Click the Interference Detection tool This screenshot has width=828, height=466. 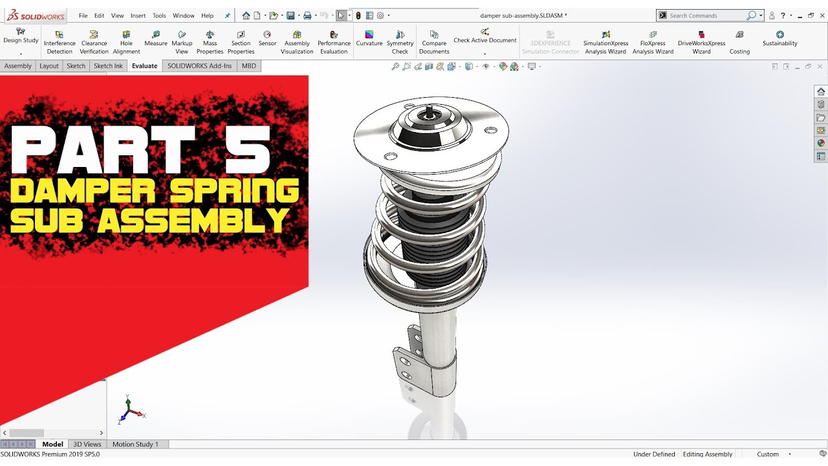coord(60,43)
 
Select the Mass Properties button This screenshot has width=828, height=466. coord(210,43)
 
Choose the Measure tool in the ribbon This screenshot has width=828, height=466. coord(156,39)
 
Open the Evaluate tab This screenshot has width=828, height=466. coord(144,66)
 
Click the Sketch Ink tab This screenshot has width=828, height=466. coord(108,66)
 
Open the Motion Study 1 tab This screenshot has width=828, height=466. coord(135,444)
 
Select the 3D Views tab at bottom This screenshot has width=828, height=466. coord(87,444)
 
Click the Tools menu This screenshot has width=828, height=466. coord(159,16)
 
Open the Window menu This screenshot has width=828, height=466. coord(184,16)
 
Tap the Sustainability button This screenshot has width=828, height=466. coord(779,39)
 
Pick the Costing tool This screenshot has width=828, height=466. coord(739,43)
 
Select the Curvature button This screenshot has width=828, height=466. coord(369,39)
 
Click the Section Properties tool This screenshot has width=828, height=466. coord(241,43)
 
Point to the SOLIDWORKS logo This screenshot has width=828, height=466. coord(36,16)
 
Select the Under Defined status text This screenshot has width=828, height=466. coord(654,454)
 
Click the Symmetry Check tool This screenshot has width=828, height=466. coord(400,43)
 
